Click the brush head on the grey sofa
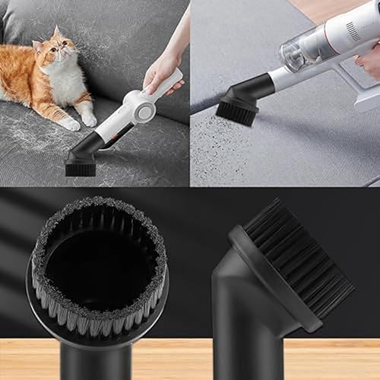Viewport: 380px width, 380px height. coord(81,162)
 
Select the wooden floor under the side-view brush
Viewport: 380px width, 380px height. coord(334,357)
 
